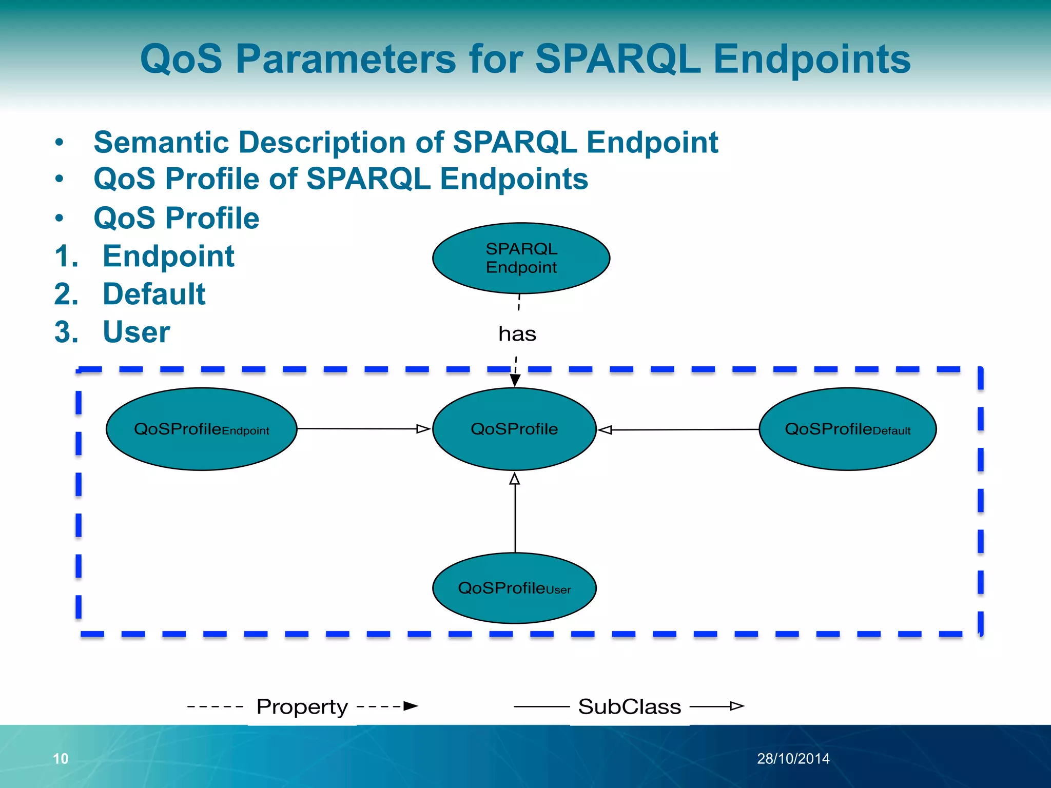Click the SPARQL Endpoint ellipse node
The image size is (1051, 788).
point(521,258)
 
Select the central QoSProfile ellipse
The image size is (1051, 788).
point(514,429)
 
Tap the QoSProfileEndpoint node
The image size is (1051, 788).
point(201,429)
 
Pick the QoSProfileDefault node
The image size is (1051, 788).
point(847,429)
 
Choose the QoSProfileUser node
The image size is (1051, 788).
point(514,588)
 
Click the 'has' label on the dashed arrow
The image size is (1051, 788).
point(517,334)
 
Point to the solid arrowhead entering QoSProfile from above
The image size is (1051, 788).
point(515,380)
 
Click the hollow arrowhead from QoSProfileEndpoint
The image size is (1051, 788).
point(423,429)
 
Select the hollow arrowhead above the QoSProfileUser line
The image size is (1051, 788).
point(515,479)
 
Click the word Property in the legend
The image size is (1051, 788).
point(302,706)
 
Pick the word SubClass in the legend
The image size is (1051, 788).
point(630,706)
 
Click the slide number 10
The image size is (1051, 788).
point(61,758)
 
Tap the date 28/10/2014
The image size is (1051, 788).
point(793,758)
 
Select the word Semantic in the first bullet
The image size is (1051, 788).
point(162,142)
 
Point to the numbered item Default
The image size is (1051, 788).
point(154,294)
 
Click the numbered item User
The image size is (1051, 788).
point(137,332)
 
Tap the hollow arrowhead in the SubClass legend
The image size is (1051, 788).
point(737,706)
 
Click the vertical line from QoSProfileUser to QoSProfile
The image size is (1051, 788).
point(515,518)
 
